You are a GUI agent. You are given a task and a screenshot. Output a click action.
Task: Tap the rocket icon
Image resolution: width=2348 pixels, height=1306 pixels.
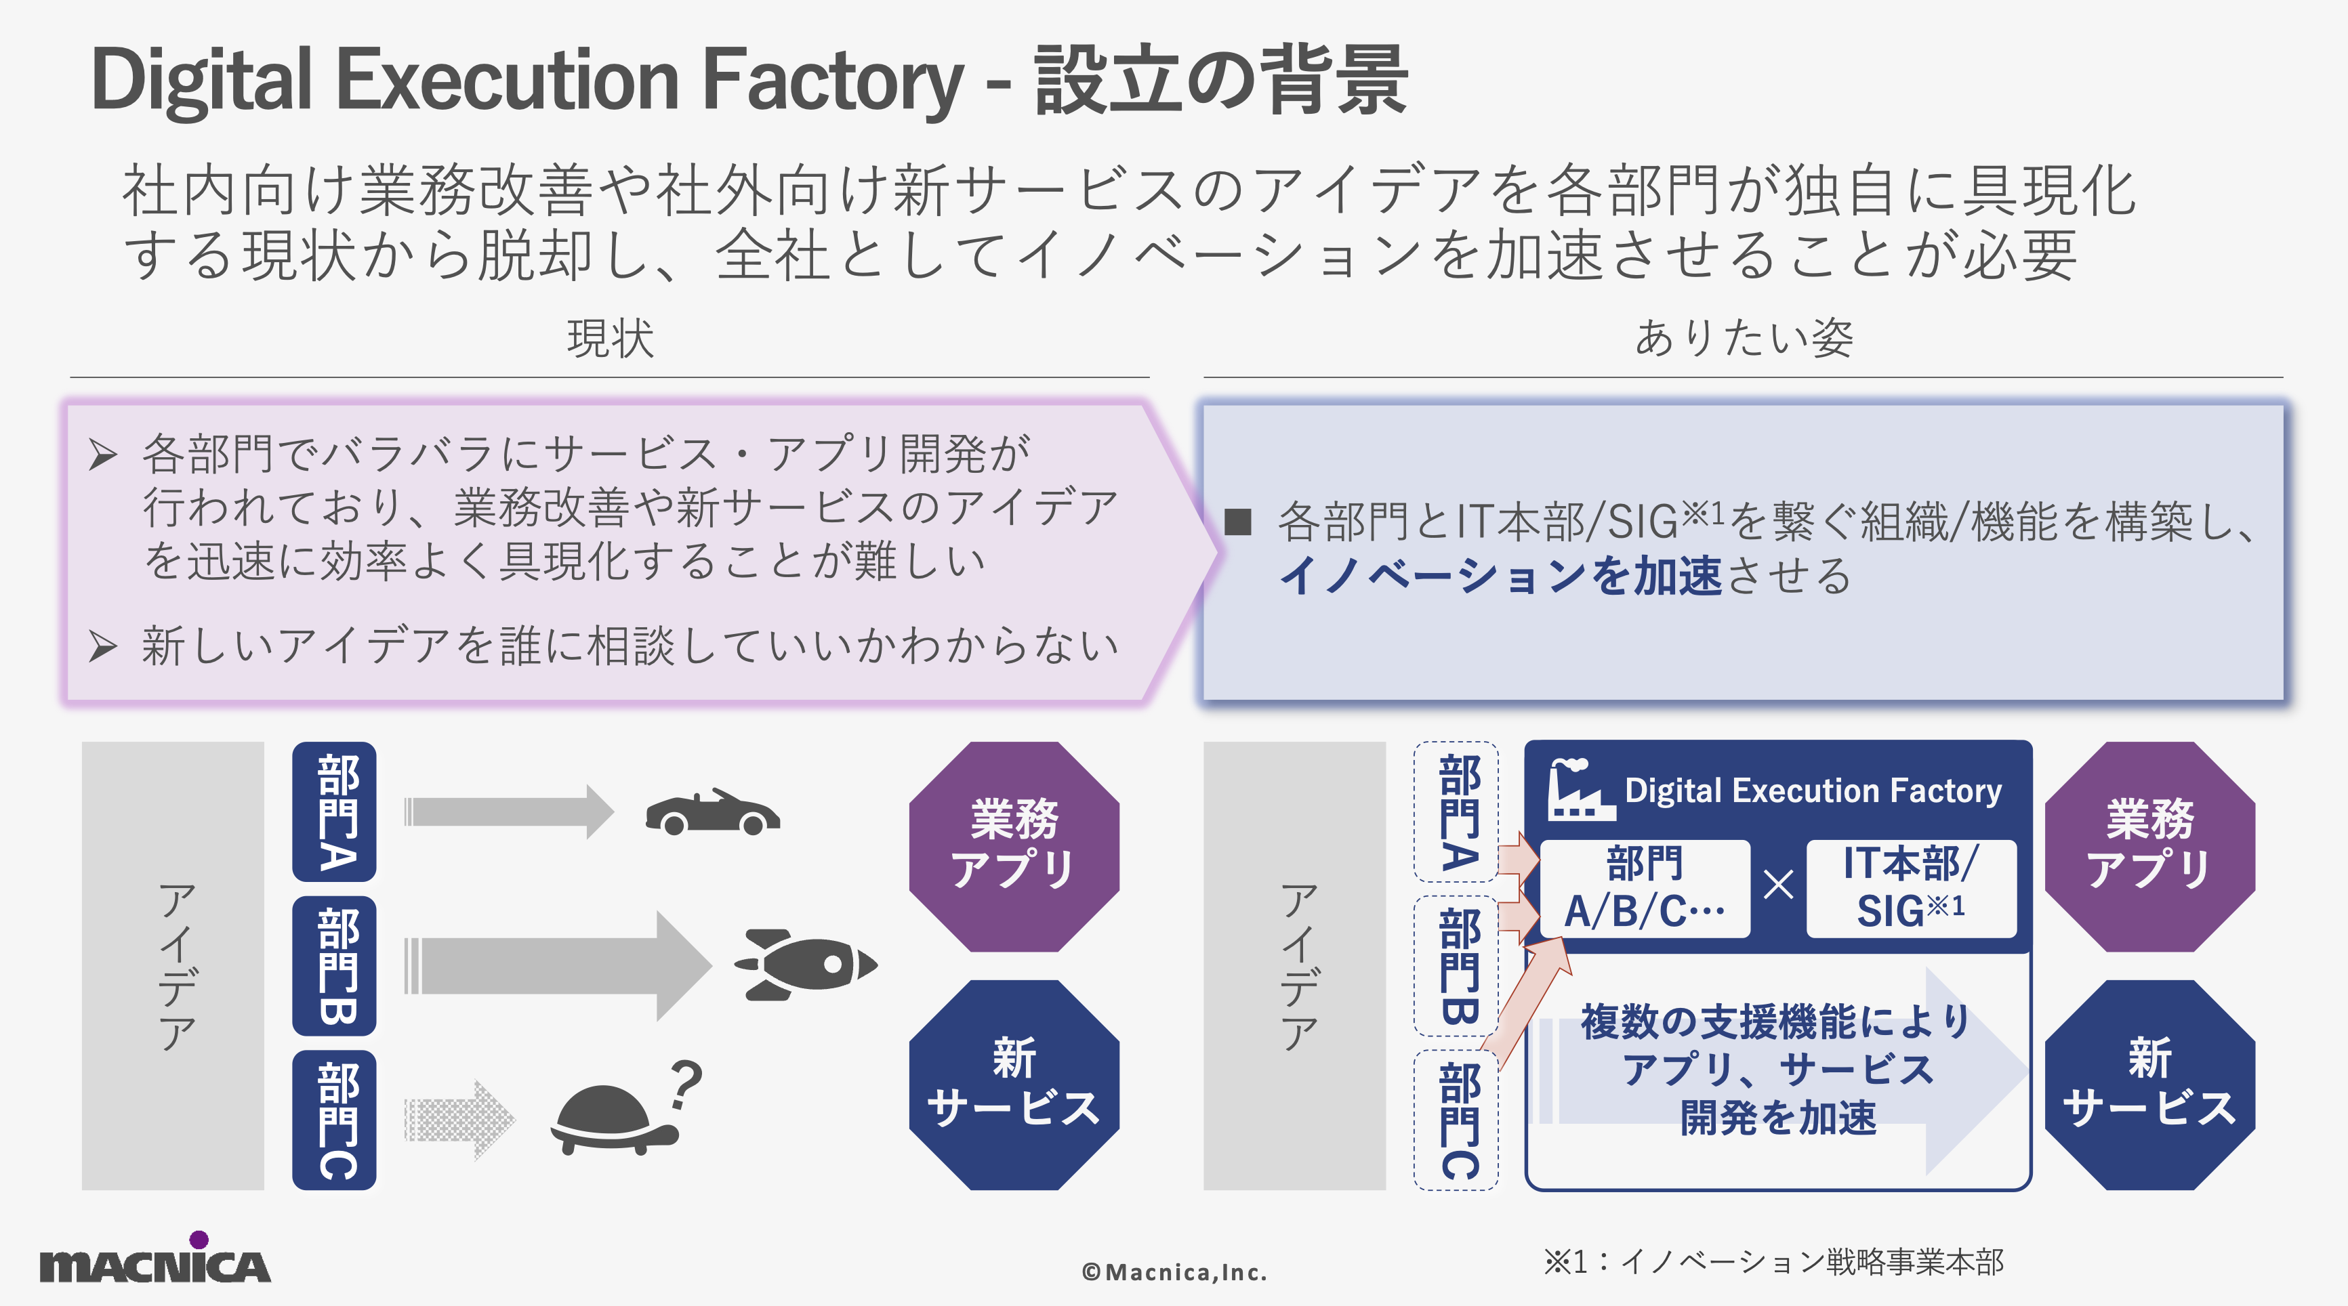(x=806, y=964)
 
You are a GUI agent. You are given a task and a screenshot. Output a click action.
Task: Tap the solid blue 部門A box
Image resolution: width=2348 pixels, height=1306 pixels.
(x=335, y=811)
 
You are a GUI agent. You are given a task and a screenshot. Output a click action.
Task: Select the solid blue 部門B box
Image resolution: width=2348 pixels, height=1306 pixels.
(x=335, y=965)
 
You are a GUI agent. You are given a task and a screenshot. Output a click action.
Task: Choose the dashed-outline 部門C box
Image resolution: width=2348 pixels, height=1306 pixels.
(x=1456, y=1120)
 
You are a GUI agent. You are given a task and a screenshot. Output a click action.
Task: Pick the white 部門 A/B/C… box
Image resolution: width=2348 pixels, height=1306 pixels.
(x=1645, y=887)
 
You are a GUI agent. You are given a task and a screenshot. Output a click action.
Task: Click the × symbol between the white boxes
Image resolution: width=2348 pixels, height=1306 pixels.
(x=1778, y=885)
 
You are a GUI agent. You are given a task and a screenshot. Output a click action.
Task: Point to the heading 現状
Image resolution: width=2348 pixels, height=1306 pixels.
(x=610, y=338)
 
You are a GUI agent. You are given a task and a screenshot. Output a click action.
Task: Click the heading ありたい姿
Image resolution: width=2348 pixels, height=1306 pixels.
(x=1743, y=338)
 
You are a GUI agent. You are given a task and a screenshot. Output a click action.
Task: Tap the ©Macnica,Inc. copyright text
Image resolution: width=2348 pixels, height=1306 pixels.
(x=1174, y=1272)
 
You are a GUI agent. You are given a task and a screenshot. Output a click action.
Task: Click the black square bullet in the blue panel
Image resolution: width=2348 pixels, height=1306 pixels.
(x=1238, y=522)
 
